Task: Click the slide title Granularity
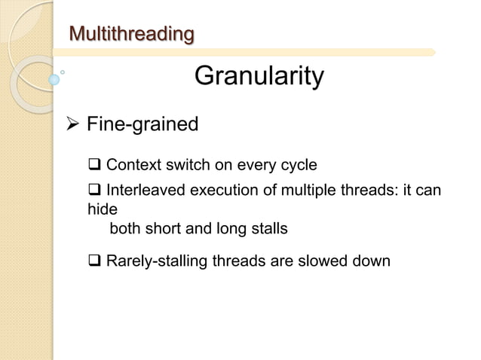tap(259, 76)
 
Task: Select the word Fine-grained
tap(142, 124)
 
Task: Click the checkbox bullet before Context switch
tap(96, 166)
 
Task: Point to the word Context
tap(133, 166)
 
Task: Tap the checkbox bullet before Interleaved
tap(96, 191)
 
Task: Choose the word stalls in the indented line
tap(268, 229)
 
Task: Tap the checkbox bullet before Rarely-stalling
tap(96, 261)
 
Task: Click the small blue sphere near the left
tap(54, 78)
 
